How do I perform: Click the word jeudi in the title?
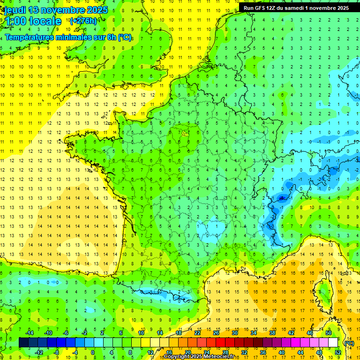coord(15,10)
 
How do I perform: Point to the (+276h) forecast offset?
coord(83,21)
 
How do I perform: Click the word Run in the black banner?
coord(249,8)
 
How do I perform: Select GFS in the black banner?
coord(261,8)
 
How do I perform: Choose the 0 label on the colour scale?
coord(92,352)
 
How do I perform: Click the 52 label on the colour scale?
coord(338,352)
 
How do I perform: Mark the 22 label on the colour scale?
coord(197,333)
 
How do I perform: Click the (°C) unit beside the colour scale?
coord(349,343)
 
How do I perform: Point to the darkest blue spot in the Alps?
coord(281,198)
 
